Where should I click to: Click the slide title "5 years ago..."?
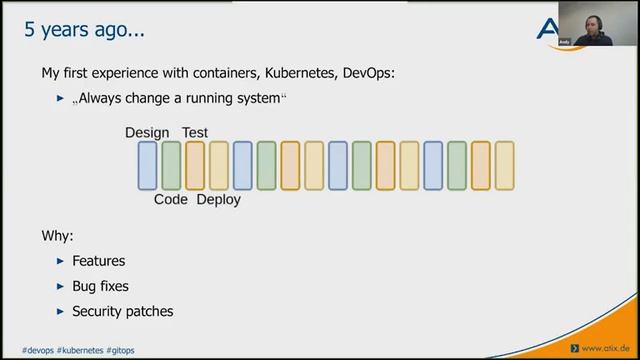coord(85,30)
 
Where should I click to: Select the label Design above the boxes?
coord(147,133)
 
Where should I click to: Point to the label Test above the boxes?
coord(194,133)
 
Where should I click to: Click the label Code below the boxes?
coord(171,199)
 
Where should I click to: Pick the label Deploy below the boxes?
coord(218,199)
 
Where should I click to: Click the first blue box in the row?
coord(147,166)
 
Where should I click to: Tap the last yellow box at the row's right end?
coord(505,166)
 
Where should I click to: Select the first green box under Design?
coord(171,166)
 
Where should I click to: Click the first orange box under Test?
coord(195,166)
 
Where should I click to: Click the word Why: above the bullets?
coord(57,236)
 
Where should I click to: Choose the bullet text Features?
coord(98,261)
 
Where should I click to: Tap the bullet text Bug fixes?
coord(100,286)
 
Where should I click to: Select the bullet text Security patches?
coord(122,311)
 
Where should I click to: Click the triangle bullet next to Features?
coord(60,261)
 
